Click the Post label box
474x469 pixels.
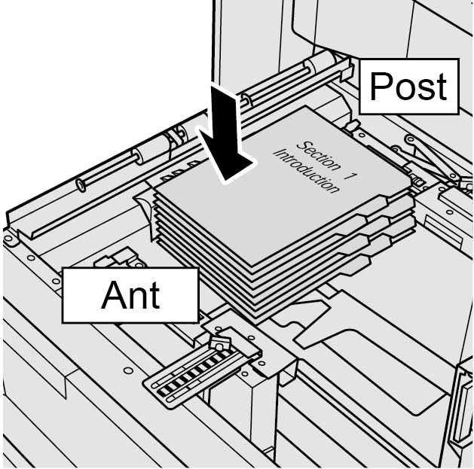click(x=408, y=87)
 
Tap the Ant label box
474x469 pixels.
click(x=130, y=294)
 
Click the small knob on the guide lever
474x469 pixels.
click(x=219, y=343)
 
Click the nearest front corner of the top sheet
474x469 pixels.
click(x=252, y=264)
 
